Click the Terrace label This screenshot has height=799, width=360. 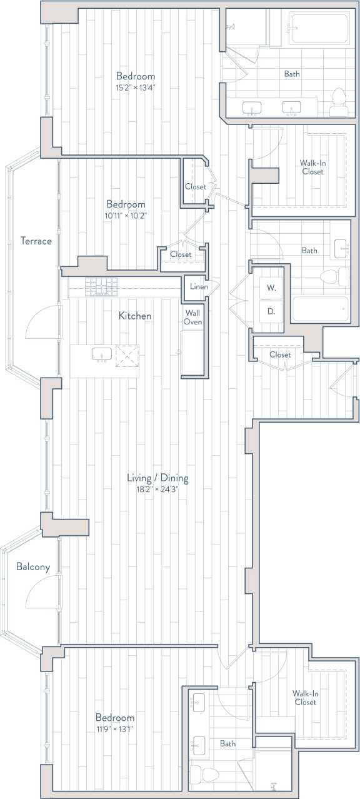36,241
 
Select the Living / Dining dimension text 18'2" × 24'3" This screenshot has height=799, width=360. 157,490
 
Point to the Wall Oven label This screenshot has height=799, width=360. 192,317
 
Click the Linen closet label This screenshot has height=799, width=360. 199,286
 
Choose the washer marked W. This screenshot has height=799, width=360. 272,288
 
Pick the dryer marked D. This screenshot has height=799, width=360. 272,310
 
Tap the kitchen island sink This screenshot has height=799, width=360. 102,354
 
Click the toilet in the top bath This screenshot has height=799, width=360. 338,101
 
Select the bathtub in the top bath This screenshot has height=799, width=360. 319,28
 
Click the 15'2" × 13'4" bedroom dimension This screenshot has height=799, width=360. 135,88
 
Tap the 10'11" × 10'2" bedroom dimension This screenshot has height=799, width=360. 126,216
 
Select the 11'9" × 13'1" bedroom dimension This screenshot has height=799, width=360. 115,729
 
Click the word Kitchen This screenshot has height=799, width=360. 135,316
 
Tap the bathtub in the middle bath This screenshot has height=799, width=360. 320,309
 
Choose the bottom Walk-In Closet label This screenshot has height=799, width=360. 305,698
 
